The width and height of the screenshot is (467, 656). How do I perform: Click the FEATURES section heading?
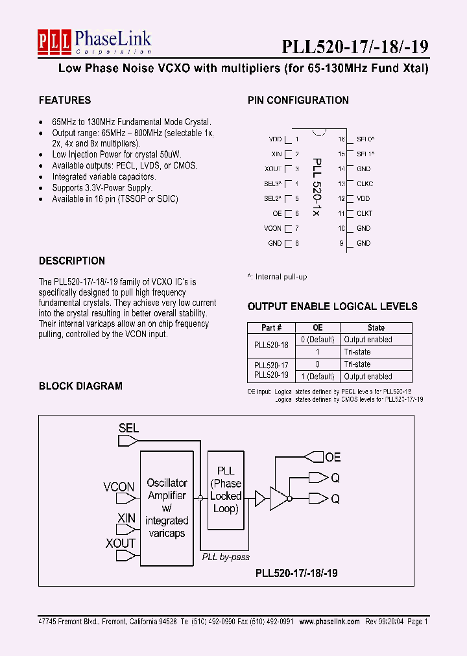click(65, 100)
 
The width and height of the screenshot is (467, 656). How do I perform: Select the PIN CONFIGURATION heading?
click(298, 100)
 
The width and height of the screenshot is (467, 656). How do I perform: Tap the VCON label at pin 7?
click(272, 228)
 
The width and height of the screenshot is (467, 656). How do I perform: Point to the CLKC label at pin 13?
click(365, 183)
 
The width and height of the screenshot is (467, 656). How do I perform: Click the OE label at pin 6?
click(277, 213)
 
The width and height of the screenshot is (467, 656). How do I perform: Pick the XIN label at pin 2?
click(276, 154)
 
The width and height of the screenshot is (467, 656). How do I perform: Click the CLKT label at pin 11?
click(365, 213)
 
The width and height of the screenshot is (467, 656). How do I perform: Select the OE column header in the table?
click(317, 328)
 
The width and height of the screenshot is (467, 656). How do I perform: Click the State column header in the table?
click(376, 328)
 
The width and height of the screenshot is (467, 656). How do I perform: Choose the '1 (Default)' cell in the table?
click(317, 377)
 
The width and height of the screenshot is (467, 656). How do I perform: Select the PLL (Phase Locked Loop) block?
click(226, 489)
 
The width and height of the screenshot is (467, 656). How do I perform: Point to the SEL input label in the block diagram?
click(128, 428)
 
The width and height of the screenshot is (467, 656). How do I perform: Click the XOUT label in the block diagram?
click(121, 543)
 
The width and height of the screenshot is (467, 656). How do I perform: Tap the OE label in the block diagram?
click(332, 458)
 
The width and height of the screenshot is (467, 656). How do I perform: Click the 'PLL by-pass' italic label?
click(225, 557)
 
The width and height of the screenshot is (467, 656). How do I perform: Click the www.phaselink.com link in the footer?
click(328, 621)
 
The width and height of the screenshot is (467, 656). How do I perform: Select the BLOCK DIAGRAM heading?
click(80, 386)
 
